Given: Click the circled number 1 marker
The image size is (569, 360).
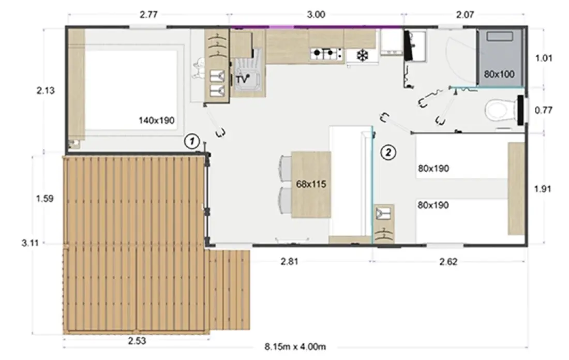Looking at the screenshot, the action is (192, 141).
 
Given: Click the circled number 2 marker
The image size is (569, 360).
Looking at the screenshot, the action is (388, 153).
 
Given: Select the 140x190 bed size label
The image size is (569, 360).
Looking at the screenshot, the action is (156, 120).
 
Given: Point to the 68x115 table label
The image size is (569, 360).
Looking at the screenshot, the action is (311, 184).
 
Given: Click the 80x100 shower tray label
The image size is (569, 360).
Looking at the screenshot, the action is (499, 74).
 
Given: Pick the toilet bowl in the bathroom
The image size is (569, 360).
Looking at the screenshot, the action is (501, 111).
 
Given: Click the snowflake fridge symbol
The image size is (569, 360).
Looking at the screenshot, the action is (362, 55).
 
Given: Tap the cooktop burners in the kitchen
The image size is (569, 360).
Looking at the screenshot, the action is (326, 53).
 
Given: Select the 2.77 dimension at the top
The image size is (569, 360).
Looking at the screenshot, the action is (149, 15).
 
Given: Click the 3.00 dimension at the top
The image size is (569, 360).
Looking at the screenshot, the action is (316, 15).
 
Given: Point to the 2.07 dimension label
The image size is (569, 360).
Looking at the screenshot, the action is (465, 15).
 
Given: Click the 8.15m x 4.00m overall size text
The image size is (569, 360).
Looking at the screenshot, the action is (295, 347).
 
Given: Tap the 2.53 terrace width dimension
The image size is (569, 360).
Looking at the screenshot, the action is (137, 341).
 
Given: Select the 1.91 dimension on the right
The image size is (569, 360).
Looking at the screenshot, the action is (543, 189).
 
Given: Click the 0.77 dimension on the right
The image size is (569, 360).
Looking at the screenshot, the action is (543, 110).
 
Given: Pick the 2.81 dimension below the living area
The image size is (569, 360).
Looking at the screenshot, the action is (289, 261).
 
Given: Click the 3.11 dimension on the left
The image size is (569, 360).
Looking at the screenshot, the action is (30, 243).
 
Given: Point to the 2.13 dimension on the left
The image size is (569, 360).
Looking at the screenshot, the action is (46, 91).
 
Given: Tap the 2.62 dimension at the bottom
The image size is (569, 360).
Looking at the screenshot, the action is (448, 262).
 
